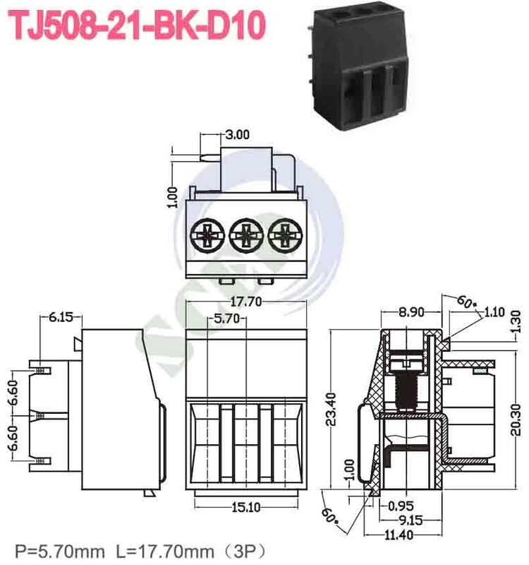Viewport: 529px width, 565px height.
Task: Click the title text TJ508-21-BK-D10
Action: tap(138, 26)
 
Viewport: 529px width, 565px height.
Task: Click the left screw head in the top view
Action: tap(207, 233)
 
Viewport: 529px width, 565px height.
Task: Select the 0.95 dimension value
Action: tap(401, 505)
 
